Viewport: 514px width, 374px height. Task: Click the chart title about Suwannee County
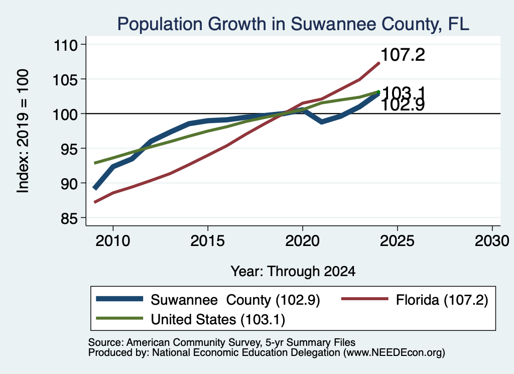pyautogui.click(x=293, y=24)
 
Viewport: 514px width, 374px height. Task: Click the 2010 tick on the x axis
pyautogui.click(x=113, y=241)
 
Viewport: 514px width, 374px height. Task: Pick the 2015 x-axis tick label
pyautogui.click(x=207, y=241)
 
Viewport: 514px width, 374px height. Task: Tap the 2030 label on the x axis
pyautogui.click(x=492, y=241)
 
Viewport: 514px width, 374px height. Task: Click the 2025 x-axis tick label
pyautogui.click(x=397, y=241)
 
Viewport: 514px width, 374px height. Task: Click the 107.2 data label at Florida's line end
pyautogui.click(x=403, y=55)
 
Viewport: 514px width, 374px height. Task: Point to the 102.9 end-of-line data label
pyautogui.click(x=403, y=105)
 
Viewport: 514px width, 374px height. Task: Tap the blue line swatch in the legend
pyautogui.click(x=119, y=299)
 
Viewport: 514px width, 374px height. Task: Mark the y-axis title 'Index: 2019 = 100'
pyautogui.click(x=23, y=131)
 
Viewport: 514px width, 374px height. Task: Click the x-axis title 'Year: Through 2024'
pyautogui.click(x=293, y=272)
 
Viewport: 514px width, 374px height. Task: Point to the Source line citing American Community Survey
pyautogui.click(x=222, y=342)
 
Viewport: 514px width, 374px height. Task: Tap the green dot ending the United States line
pyautogui.click(x=378, y=92)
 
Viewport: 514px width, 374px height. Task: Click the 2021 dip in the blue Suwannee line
pyautogui.click(x=322, y=122)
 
